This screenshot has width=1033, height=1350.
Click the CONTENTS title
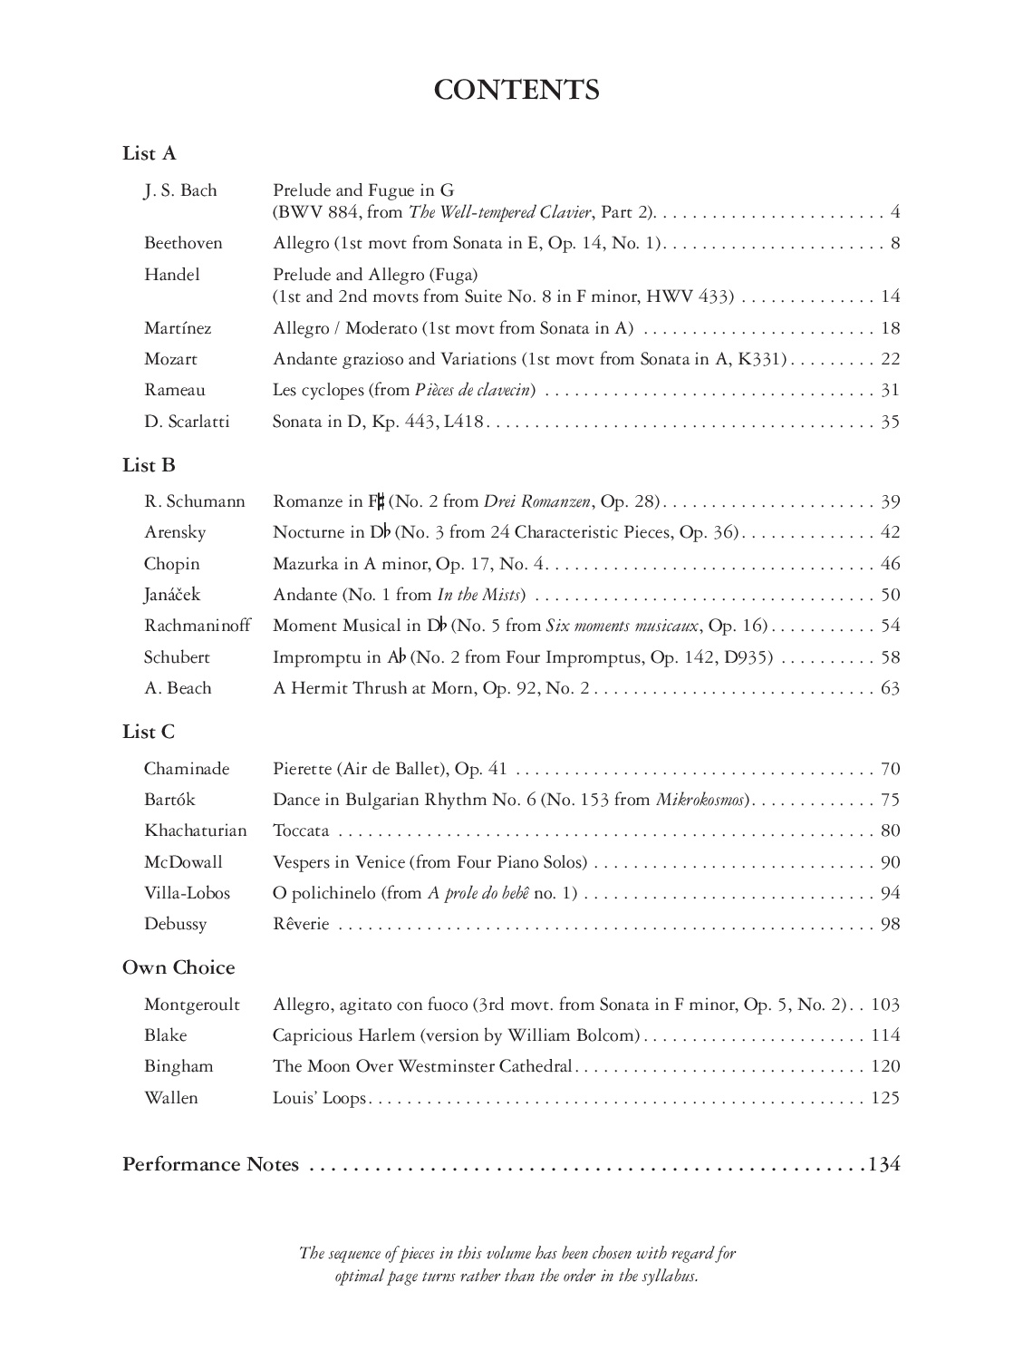pyautogui.click(x=516, y=91)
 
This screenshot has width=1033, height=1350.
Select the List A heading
pyautogui.click(x=150, y=154)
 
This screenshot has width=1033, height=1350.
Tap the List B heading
pyautogui.click(x=150, y=466)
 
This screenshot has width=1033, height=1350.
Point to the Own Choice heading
pyautogui.click(x=179, y=968)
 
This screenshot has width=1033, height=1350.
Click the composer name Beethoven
pyautogui.click(x=183, y=243)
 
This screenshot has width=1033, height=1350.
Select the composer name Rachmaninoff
pyautogui.click(x=198, y=626)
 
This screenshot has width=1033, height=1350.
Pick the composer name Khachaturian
pyautogui.click(x=195, y=830)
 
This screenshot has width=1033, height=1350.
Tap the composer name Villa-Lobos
pyautogui.click(x=187, y=893)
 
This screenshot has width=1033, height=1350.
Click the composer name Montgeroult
pyautogui.click(x=192, y=1005)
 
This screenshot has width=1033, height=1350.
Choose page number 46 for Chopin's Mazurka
pyautogui.click(x=890, y=564)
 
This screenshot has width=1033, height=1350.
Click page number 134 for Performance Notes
pyautogui.click(x=884, y=1165)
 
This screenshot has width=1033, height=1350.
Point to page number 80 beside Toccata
pyautogui.click(x=890, y=830)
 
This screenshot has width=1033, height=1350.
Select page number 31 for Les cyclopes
pyautogui.click(x=890, y=391)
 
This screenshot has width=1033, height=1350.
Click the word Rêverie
pyautogui.click(x=301, y=925)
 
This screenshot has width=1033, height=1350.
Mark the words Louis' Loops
pyautogui.click(x=319, y=1098)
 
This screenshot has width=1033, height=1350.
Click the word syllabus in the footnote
pyautogui.click(x=667, y=1276)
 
